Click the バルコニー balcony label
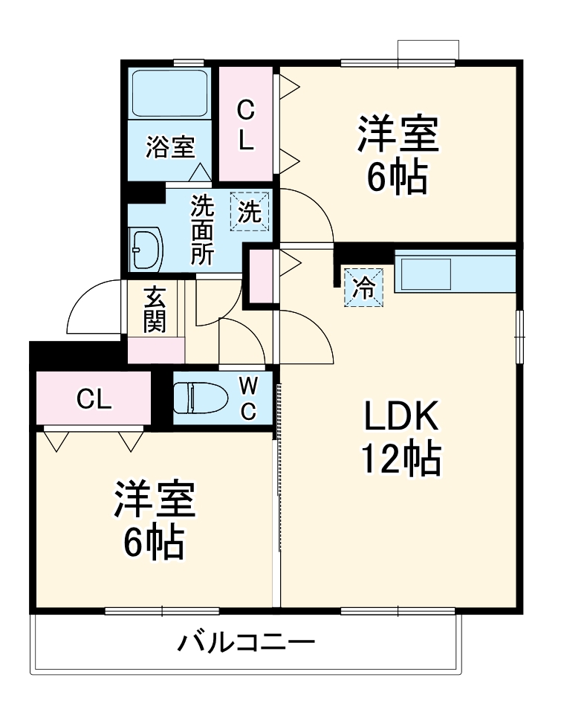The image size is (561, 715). pos(245,641)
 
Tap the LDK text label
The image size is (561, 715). pos(402,418)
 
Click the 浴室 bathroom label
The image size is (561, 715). pos(169,147)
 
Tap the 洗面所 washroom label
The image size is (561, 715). pos(202,230)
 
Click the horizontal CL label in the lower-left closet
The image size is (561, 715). pos(94,400)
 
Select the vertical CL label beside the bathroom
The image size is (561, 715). pos(246,125)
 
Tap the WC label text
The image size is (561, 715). pos(249,398)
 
